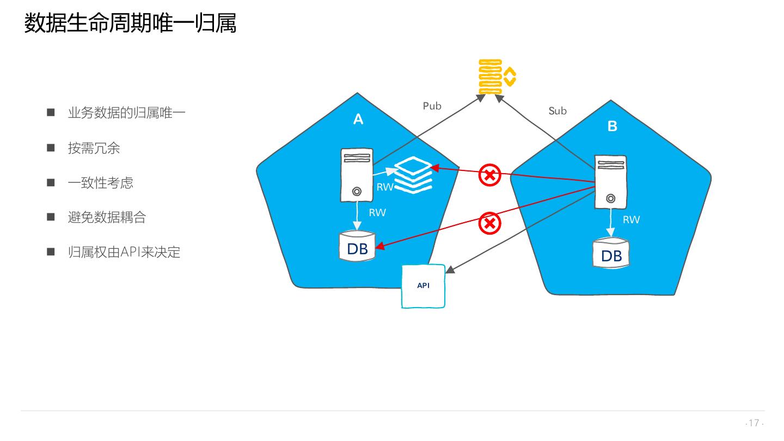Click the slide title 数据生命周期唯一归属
point(130,24)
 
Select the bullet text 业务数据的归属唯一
point(126,113)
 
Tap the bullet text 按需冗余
point(94,148)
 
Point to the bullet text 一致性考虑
point(100,183)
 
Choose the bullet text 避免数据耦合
point(107,218)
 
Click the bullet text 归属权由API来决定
point(124,252)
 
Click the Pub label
point(432,106)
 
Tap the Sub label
point(558,111)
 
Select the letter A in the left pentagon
point(358,119)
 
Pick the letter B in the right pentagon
point(612,126)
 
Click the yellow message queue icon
point(496,77)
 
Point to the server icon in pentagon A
point(357,175)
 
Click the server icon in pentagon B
point(610,182)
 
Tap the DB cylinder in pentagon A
point(357,247)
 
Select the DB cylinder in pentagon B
point(611,254)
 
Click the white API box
point(423,286)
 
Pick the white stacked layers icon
point(412,174)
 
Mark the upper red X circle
point(489,175)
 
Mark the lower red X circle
point(489,223)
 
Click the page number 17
point(754,423)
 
